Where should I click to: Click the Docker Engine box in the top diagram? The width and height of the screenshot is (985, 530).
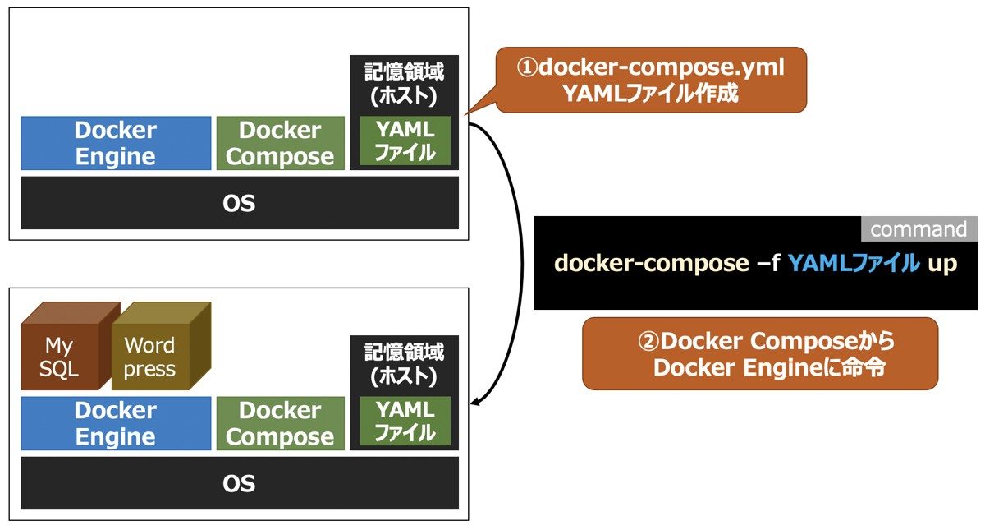(116, 143)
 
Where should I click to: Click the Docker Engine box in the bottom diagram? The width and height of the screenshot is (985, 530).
(116, 423)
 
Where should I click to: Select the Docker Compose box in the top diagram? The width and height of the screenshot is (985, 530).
(280, 143)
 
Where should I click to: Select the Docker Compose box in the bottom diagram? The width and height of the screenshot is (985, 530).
(280, 423)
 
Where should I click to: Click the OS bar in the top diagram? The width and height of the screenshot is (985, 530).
(239, 203)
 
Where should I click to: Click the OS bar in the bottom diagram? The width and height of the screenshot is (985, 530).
(239, 483)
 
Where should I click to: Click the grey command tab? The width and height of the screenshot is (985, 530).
(919, 229)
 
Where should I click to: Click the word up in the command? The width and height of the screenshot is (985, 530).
(942, 264)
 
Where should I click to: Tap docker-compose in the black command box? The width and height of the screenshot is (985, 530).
(650, 264)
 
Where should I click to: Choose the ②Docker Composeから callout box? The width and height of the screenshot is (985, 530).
(759, 353)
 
